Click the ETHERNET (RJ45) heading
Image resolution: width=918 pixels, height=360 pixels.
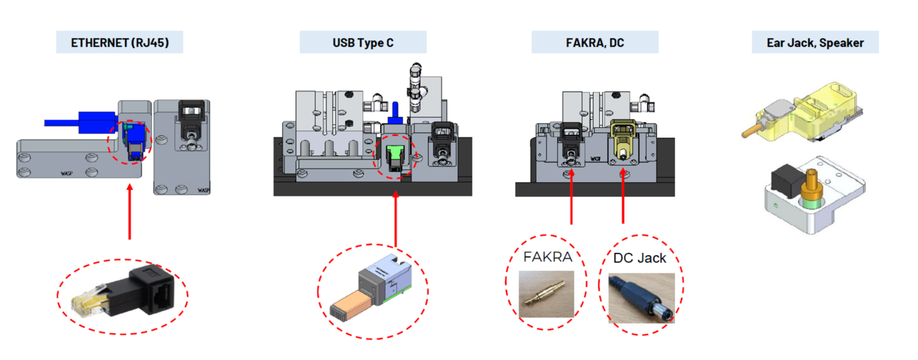(x=120, y=43)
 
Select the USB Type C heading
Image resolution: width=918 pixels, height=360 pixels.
(x=363, y=43)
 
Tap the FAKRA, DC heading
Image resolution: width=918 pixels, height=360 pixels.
(x=594, y=43)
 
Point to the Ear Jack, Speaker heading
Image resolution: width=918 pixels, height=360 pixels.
(x=815, y=43)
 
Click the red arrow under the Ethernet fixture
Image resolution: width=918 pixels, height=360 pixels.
(x=130, y=211)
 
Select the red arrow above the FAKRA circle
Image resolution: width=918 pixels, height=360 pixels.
(x=571, y=197)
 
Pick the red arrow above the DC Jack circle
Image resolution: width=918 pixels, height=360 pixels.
(x=623, y=197)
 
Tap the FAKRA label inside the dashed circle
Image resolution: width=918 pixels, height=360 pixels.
(x=547, y=257)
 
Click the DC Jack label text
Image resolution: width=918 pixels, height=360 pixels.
(x=639, y=258)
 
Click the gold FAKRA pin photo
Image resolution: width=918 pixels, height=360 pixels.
(x=546, y=294)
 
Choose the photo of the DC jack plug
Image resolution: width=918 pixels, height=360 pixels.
(x=641, y=298)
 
